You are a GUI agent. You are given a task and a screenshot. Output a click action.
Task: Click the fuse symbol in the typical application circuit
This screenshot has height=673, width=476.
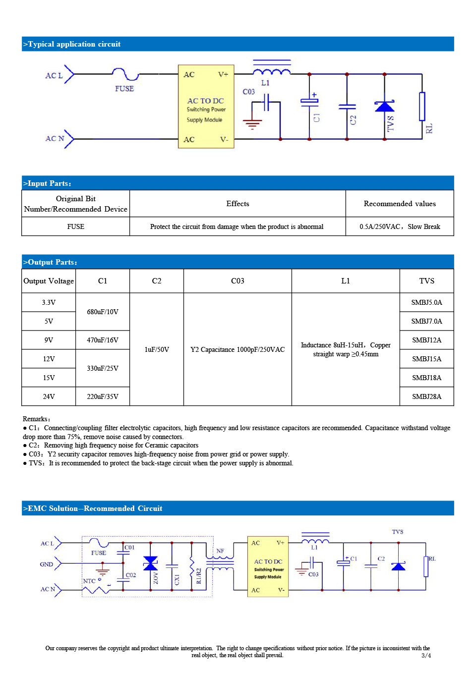point(125,74)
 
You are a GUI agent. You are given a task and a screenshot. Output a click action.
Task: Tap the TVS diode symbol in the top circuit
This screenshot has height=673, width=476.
point(384,106)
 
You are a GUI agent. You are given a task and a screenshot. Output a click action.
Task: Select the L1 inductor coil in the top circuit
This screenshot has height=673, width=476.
point(272,72)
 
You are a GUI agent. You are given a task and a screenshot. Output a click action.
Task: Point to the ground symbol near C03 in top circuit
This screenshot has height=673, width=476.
point(252,123)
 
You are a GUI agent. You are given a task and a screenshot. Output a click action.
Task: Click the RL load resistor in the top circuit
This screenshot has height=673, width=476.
point(422,107)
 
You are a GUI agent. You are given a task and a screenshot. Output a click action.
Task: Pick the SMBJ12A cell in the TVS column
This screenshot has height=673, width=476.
point(426,340)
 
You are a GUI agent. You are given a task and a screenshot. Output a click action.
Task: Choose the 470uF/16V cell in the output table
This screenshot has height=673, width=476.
point(103,340)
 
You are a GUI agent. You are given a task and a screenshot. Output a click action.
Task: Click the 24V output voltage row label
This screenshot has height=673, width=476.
point(49,396)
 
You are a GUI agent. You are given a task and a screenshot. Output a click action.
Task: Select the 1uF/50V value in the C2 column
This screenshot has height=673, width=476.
point(157,349)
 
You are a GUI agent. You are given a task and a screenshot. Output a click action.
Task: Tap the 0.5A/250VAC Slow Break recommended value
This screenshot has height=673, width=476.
point(400,226)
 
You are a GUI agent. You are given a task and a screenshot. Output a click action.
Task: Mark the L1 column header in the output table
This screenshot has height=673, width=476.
point(345,280)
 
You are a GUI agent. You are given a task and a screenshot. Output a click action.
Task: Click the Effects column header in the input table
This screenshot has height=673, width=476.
point(238,203)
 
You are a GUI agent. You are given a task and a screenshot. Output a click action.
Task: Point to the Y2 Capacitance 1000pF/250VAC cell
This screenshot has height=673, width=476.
point(238,349)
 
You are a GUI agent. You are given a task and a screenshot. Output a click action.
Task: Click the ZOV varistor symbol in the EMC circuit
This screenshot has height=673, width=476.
point(151,563)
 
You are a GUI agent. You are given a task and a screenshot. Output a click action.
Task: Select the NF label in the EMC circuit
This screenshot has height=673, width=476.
point(220,551)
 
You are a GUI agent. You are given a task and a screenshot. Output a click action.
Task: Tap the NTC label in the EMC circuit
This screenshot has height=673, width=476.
point(89,581)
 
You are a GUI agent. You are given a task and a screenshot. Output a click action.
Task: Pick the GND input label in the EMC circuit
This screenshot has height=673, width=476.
point(46,564)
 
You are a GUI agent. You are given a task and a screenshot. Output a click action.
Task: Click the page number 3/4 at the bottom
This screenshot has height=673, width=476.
point(426,655)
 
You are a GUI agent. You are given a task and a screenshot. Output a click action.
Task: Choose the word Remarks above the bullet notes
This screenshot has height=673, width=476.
point(36,419)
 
